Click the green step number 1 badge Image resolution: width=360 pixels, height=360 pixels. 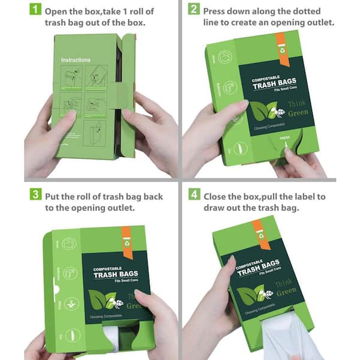tap(35, 11)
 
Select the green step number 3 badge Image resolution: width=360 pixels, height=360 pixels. tap(35, 196)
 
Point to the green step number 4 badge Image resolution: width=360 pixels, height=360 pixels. tap(193, 196)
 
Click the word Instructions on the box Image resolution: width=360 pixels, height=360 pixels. tap(76, 60)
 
